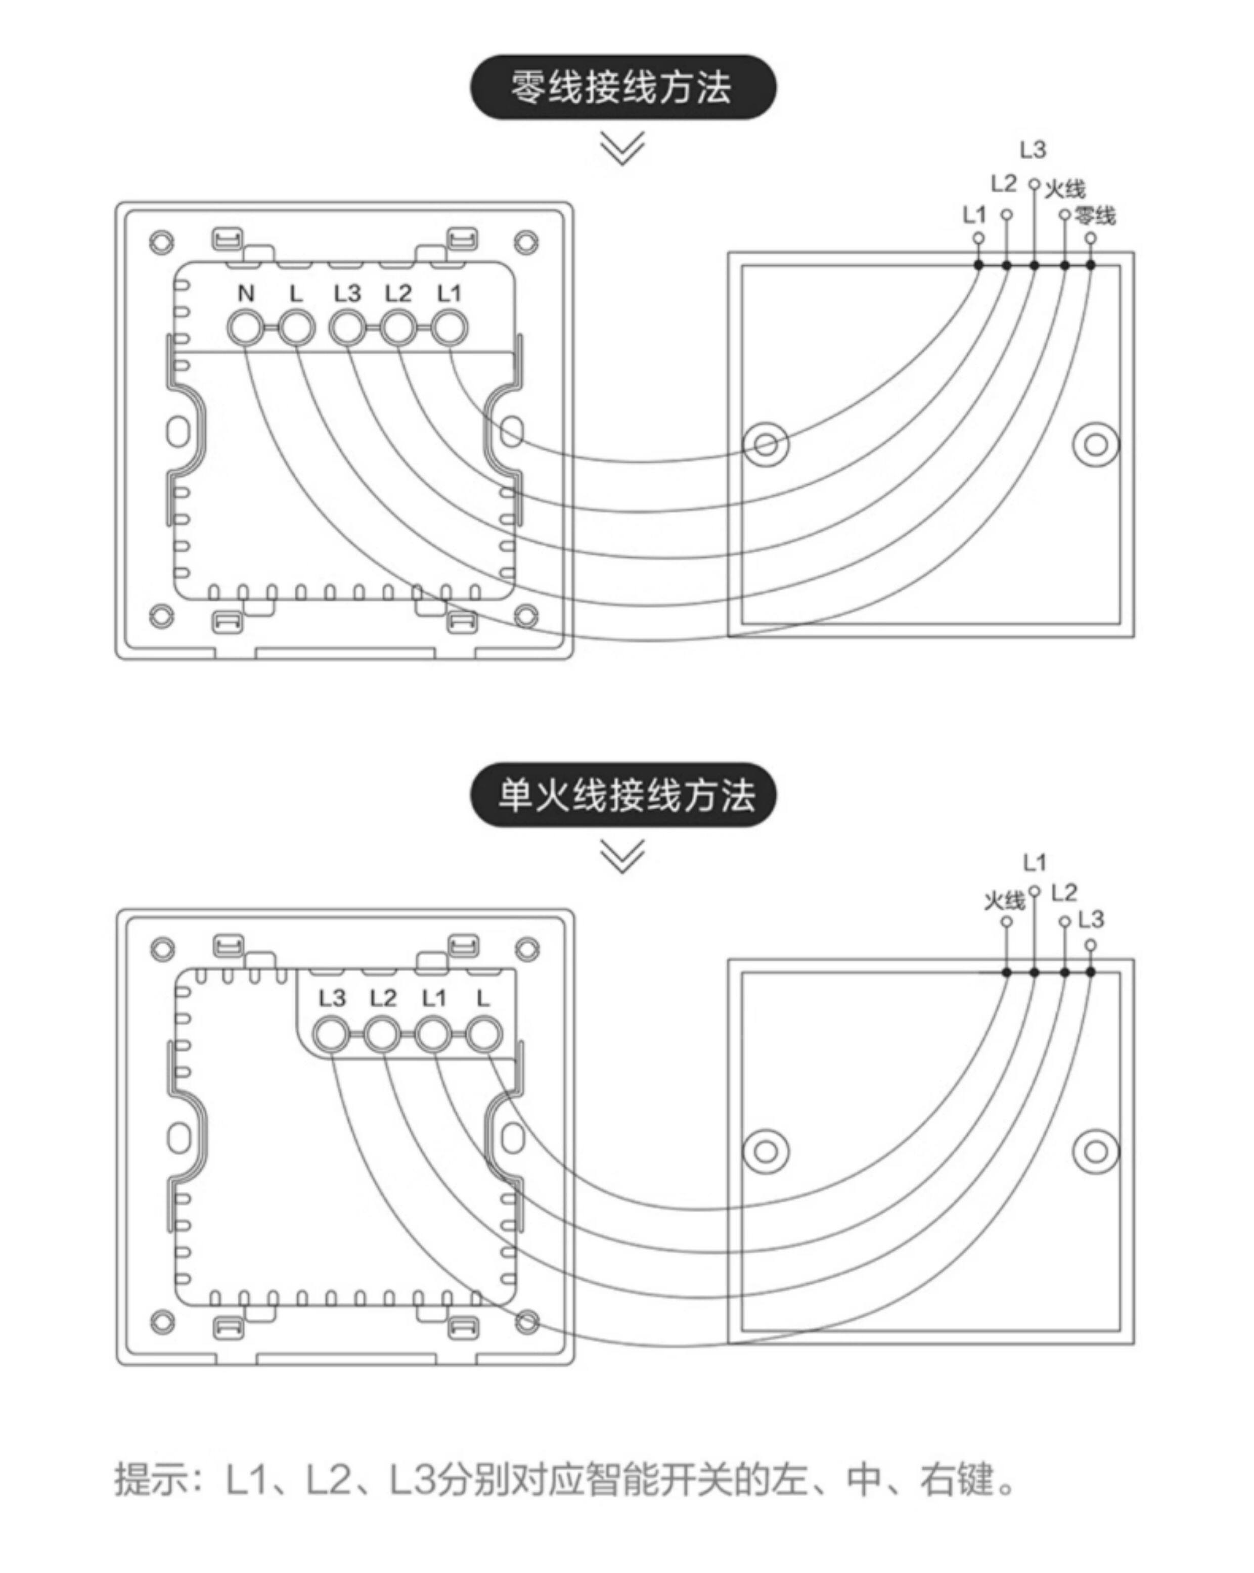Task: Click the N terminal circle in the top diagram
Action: coord(245,329)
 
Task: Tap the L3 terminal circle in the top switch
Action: coord(347,329)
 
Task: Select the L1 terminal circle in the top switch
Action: coord(449,329)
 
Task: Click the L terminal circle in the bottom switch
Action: coord(484,1035)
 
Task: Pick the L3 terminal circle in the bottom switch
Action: coord(331,1035)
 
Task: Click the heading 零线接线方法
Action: coord(622,87)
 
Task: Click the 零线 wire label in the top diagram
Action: coord(1095,216)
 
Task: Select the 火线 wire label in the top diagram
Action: coord(1065,190)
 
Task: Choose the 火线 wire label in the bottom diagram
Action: coord(1004,901)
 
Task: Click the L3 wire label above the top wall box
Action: coord(1033,150)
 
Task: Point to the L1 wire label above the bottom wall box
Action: coord(1034,863)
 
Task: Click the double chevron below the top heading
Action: coord(622,148)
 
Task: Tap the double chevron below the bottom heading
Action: coord(622,856)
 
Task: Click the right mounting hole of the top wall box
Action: coord(1095,444)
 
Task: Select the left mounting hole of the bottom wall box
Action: coord(766,1151)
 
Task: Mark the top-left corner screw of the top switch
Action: coord(161,242)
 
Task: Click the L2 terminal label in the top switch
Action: coord(398,293)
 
